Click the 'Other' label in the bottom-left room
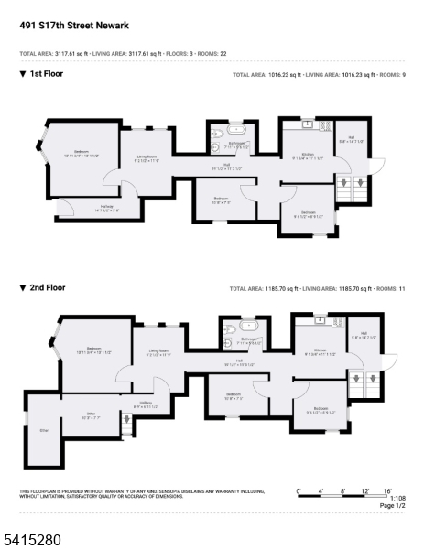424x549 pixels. click(x=43, y=428)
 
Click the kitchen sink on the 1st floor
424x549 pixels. click(x=308, y=124)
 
